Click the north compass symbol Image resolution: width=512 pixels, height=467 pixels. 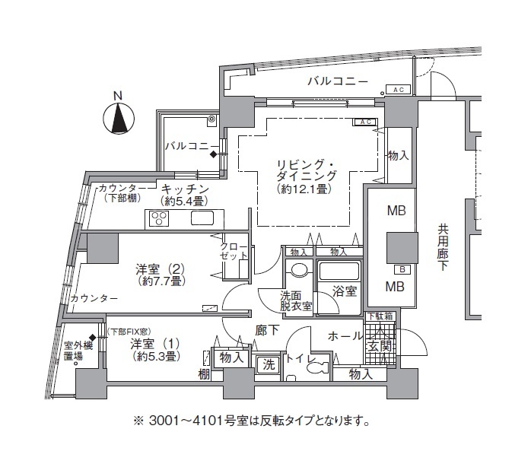click(x=119, y=118)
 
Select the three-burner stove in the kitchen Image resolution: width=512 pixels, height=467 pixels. click(x=159, y=218)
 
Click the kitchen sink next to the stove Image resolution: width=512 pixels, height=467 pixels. click(x=202, y=218)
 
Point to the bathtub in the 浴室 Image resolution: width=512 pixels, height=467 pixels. click(x=339, y=271)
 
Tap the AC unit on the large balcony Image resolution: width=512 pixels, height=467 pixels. click(x=399, y=90)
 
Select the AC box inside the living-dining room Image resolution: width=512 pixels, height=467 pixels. click(x=365, y=122)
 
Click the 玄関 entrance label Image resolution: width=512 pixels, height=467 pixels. click(x=380, y=346)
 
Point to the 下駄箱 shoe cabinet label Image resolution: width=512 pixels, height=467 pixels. click(x=380, y=316)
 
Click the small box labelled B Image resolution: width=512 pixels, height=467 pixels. click(x=402, y=269)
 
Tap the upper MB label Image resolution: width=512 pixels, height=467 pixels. click(x=396, y=211)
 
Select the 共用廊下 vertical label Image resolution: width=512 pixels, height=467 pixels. click(x=443, y=247)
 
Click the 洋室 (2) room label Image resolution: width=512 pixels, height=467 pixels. click(x=160, y=269)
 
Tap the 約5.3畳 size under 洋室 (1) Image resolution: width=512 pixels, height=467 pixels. click(x=157, y=357)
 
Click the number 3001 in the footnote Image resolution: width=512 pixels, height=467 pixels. click(x=164, y=421)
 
